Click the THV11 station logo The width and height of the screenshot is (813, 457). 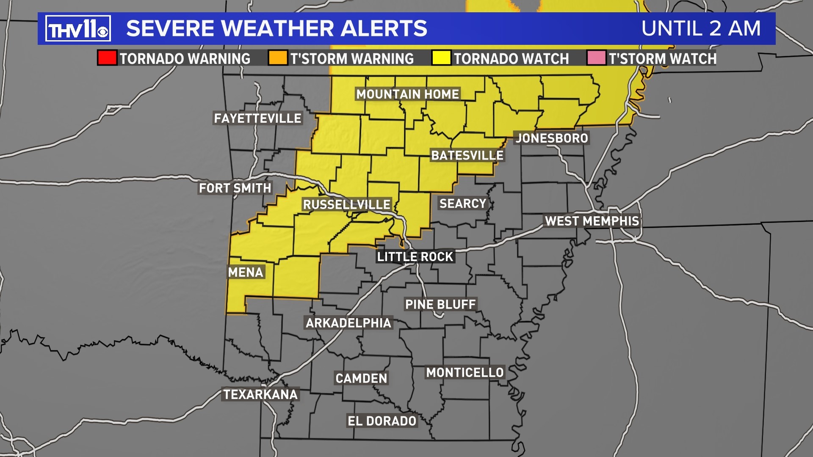pyautogui.click(x=78, y=29)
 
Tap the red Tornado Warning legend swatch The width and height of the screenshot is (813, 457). pyautogui.click(x=107, y=58)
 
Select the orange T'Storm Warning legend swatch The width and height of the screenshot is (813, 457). pyautogui.click(x=278, y=58)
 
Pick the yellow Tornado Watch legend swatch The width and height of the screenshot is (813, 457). pyautogui.click(x=441, y=58)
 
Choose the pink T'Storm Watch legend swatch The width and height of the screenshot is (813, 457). pyautogui.click(x=596, y=58)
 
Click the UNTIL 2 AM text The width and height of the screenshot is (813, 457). pyautogui.click(x=701, y=29)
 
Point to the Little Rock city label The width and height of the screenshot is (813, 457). pyautogui.click(x=415, y=256)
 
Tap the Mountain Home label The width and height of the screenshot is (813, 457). pyautogui.click(x=407, y=94)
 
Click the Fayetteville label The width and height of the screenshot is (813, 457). pyautogui.click(x=257, y=118)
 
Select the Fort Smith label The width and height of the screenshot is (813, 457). pyautogui.click(x=235, y=188)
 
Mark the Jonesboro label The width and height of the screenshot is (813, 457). pyautogui.click(x=552, y=138)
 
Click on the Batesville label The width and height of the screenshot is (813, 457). pyautogui.click(x=467, y=155)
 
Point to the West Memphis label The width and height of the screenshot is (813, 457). pyautogui.click(x=592, y=221)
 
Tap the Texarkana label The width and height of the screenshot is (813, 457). pyautogui.click(x=260, y=394)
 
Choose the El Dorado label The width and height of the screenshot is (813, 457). pyautogui.click(x=382, y=421)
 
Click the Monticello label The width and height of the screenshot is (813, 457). pyautogui.click(x=465, y=372)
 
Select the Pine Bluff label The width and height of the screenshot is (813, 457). pyautogui.click(x=440, y=304)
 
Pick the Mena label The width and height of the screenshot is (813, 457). pyautogui.click(x=246, y=272)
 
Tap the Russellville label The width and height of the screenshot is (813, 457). pyautogui.click(x=346, y=204)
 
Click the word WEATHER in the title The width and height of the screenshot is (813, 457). pyautogui.click(x=278, y=29)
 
